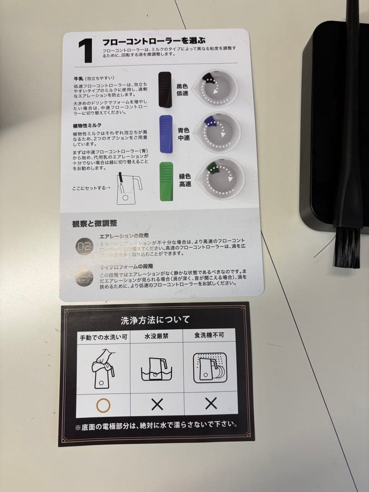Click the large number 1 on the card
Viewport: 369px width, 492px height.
tap(85, 51)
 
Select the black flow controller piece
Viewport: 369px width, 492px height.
tap(165, 90)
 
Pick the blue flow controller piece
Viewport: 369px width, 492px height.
tap(166, 133)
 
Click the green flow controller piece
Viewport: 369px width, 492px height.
tap(166, 181)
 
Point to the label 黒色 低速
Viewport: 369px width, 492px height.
tap(182, 89)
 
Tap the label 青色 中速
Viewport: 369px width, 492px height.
tap(184, 133)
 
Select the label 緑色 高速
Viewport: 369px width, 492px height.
tap(185, 181)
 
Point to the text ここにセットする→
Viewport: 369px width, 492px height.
tap(91, 188)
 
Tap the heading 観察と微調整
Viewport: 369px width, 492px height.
tap(94, 223)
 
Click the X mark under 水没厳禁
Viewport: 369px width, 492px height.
tap(157, 404)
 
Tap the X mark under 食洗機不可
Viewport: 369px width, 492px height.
tap(210, 403)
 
